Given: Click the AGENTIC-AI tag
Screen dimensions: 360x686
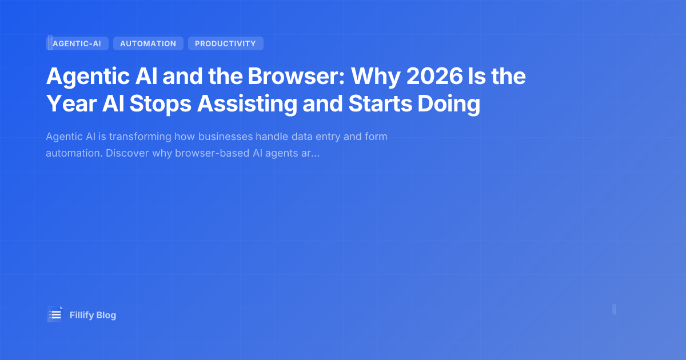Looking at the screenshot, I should (77, 43).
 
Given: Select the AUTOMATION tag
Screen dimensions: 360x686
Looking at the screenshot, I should (148, 43).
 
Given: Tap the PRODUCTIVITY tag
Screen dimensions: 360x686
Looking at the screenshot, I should (225, 43).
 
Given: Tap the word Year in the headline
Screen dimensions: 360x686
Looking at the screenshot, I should (67, 104).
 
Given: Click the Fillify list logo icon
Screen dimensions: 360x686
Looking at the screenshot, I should (55, 314).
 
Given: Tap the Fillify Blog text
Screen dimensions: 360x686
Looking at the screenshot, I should (93, 315).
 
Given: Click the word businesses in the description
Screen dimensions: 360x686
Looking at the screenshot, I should (225, 137).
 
